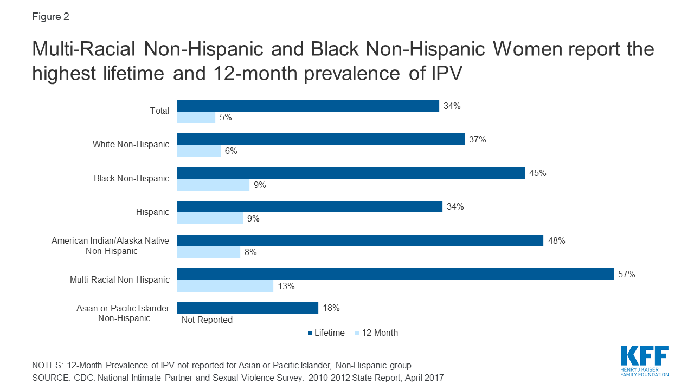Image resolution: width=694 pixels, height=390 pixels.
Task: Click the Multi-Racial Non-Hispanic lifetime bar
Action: click(395, 274)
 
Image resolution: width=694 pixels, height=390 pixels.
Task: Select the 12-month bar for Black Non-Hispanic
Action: click(213, 185)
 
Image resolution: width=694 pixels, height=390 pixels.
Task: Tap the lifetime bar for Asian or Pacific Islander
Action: click(247, 308)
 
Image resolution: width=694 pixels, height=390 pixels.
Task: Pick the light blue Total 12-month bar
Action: click(196, 117)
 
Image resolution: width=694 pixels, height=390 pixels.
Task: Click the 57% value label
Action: click(626, 274)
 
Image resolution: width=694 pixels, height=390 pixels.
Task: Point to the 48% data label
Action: click(556, 240)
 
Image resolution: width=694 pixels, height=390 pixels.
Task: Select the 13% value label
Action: click(286, 286)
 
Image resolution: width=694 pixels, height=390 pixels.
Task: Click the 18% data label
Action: click(331, 308)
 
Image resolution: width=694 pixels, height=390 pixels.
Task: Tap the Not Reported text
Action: click(207, 320)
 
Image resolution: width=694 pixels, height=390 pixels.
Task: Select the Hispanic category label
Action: click(152, 212)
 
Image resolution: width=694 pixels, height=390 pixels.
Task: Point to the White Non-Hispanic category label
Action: click(131, 144)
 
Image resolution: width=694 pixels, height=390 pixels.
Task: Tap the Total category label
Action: click(159, 110)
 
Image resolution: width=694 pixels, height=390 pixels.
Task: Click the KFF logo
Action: click(644, 360)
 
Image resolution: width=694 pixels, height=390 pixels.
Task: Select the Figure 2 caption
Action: click(50, 17)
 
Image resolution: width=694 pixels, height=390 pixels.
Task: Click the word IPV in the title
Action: click(444, 72)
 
